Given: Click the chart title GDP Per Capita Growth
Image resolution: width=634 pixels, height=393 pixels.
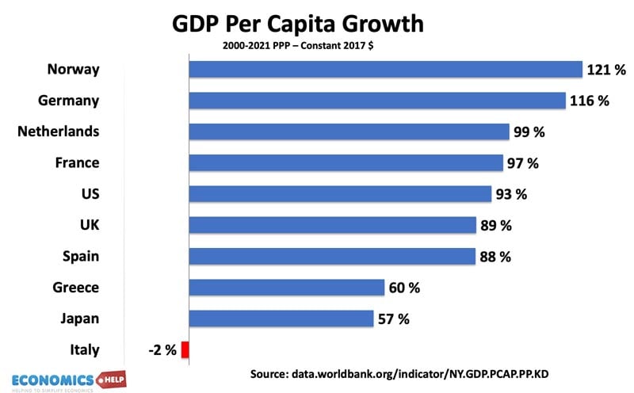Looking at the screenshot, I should tap(298, 24).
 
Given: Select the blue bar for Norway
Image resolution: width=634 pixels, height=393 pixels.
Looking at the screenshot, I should tap(385, 70).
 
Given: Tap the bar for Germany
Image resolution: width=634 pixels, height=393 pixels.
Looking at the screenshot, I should tap(377, 101).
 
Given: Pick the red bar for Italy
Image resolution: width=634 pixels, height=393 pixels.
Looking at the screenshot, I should tap(185, 349).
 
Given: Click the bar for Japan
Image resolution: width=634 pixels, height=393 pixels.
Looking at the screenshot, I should tap(281, 319).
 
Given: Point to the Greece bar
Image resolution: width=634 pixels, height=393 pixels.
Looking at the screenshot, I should tap(286, 288).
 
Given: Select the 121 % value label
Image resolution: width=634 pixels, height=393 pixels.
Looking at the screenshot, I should tap(606, 70).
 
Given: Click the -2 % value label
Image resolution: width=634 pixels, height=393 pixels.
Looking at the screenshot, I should tap(162, 349).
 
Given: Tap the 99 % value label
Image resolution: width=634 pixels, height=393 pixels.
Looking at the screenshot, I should tap(529, 132).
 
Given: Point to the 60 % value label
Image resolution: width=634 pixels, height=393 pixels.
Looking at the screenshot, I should tap(404, 288).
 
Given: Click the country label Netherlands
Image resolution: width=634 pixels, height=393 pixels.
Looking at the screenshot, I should tap(59, 132).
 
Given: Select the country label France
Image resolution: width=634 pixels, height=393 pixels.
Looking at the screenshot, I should tap(77, 163).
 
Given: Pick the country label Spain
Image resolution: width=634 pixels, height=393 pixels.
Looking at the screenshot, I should tap(81, 256).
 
